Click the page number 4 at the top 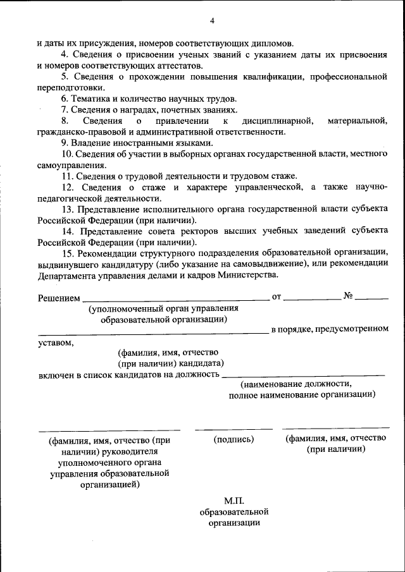(x=212, y=21)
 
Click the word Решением (x=58, y=297)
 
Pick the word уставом (x=55, y=343)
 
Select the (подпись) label (x=234, y=439)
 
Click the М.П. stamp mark (x=234, y=500)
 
